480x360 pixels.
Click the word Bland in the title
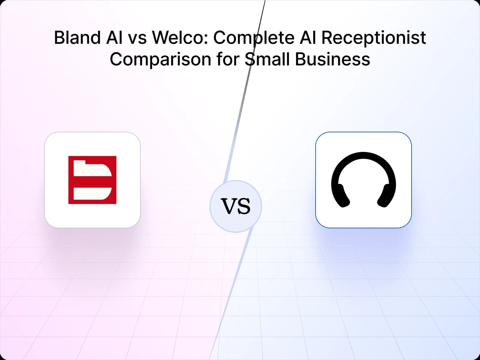[77, 38]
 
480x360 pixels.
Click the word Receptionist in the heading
[373, 38]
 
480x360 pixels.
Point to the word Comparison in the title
[160, 59]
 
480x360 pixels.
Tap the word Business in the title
[332, 59]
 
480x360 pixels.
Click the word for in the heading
[227, 59]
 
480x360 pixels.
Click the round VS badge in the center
[236, 206]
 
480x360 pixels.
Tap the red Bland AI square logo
[92, 180]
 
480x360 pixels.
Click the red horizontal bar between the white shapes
[92, 181]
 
